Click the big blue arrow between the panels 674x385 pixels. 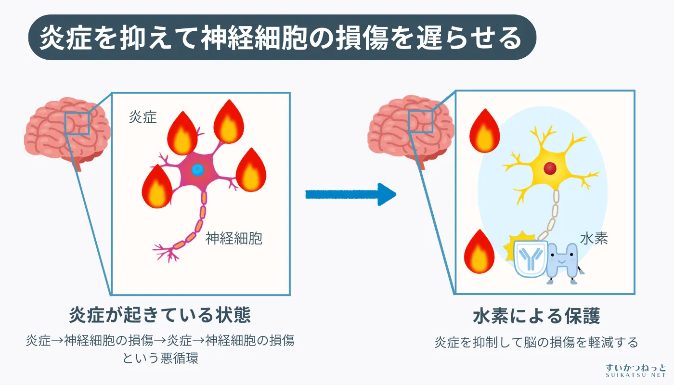[x=350, y=194]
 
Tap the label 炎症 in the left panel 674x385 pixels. [x=143, y=117]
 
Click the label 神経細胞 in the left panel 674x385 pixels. [x=233, y=238]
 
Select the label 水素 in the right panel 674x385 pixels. [x=594, y=239]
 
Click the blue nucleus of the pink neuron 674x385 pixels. [x=197, y=169]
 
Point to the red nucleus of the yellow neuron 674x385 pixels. [x=550, y=168]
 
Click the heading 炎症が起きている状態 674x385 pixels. [x=160, y=316]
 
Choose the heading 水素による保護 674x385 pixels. [x=536, y=316]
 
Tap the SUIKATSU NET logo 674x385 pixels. [x=635, y=370]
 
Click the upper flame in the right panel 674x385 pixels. [x=484, y=131]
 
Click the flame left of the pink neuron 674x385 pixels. [x=157, y=187]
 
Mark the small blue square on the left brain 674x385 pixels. [x=77, y=122]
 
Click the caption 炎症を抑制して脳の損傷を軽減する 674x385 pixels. [x=536, y=342]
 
